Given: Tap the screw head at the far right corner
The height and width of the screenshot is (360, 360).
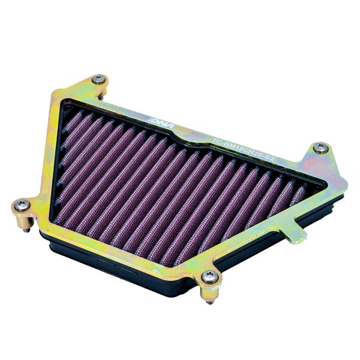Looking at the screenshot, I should click(x=321, y=147).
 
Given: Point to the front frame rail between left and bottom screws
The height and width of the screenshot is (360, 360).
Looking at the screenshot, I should click(x=114, y=240).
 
